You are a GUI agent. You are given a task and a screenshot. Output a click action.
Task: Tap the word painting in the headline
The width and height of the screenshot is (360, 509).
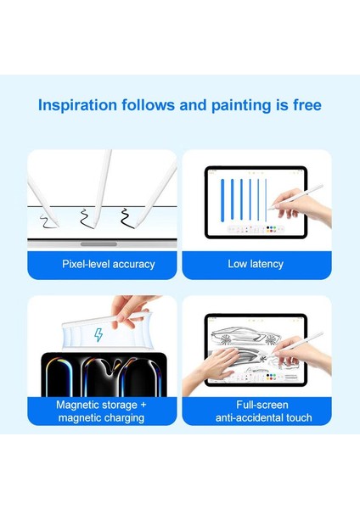pos(246,106)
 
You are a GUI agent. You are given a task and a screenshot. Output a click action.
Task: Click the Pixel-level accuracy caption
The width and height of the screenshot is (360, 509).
pos(108,264)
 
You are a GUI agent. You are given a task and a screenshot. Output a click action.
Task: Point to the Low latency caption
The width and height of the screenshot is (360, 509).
pos(256,264)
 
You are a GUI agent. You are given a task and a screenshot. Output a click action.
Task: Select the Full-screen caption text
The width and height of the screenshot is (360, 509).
pos(256,405)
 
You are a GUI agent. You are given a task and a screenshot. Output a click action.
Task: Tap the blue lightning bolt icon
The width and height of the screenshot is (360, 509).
pos(98,335)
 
